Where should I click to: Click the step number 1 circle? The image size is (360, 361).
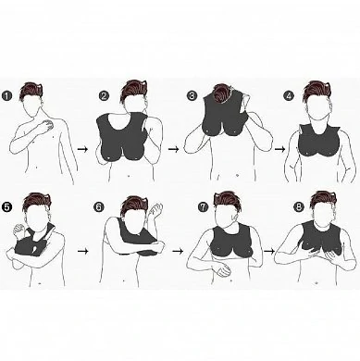click(x=6, y=95)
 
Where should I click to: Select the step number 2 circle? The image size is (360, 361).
click(x=104, y=95)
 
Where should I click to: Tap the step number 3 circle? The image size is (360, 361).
click(x=192, y=95)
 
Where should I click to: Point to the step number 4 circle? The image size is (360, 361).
click(x=289, y=96)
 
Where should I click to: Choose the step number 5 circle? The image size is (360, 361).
click(x=6, y=206)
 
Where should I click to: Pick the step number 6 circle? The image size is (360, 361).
click(x=98, y=206)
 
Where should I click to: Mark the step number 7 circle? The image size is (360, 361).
click(x=203, y=206)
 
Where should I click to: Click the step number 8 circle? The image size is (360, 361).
click(x=299, y=207)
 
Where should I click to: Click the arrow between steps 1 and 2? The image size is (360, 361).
click(x=82, y=149)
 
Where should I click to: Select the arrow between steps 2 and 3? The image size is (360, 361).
click(x=174, y=149)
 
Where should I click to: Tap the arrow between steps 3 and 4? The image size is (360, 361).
click(x=279, y=149)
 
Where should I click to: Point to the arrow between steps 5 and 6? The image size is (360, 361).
click(x=82, y=251)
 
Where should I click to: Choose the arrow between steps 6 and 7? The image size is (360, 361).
click(x=178, y=251)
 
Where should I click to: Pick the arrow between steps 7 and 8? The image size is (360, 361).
click(x=269, y=251)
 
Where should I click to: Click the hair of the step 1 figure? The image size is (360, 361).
click(x=31, y=90)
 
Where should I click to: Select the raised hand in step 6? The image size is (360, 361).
click(x=155, y=211)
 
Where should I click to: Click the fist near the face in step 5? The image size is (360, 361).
click(x=19, y=230)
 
